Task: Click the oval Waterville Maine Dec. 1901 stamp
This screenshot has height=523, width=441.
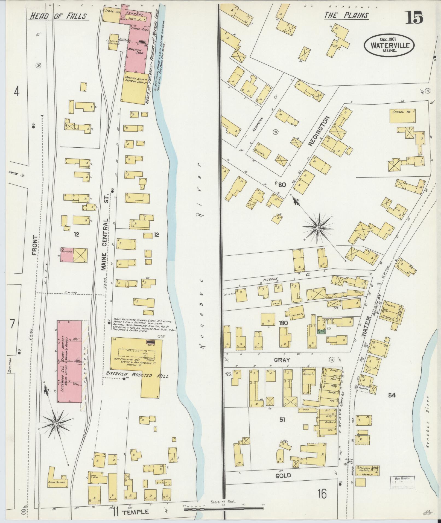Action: click(x=389, y=45)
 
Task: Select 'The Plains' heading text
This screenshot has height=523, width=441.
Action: click(x=346, y=16)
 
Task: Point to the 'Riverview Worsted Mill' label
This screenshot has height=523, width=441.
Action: click(x=137, y=376)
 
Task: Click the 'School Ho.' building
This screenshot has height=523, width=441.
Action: click(x=402, y=116)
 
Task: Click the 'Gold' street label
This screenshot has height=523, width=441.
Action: click(x=283, y=475)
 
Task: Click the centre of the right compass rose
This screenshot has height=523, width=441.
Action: click(x=318, y=228)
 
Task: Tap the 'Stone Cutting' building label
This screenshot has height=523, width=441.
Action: click(x=57, y=483)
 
